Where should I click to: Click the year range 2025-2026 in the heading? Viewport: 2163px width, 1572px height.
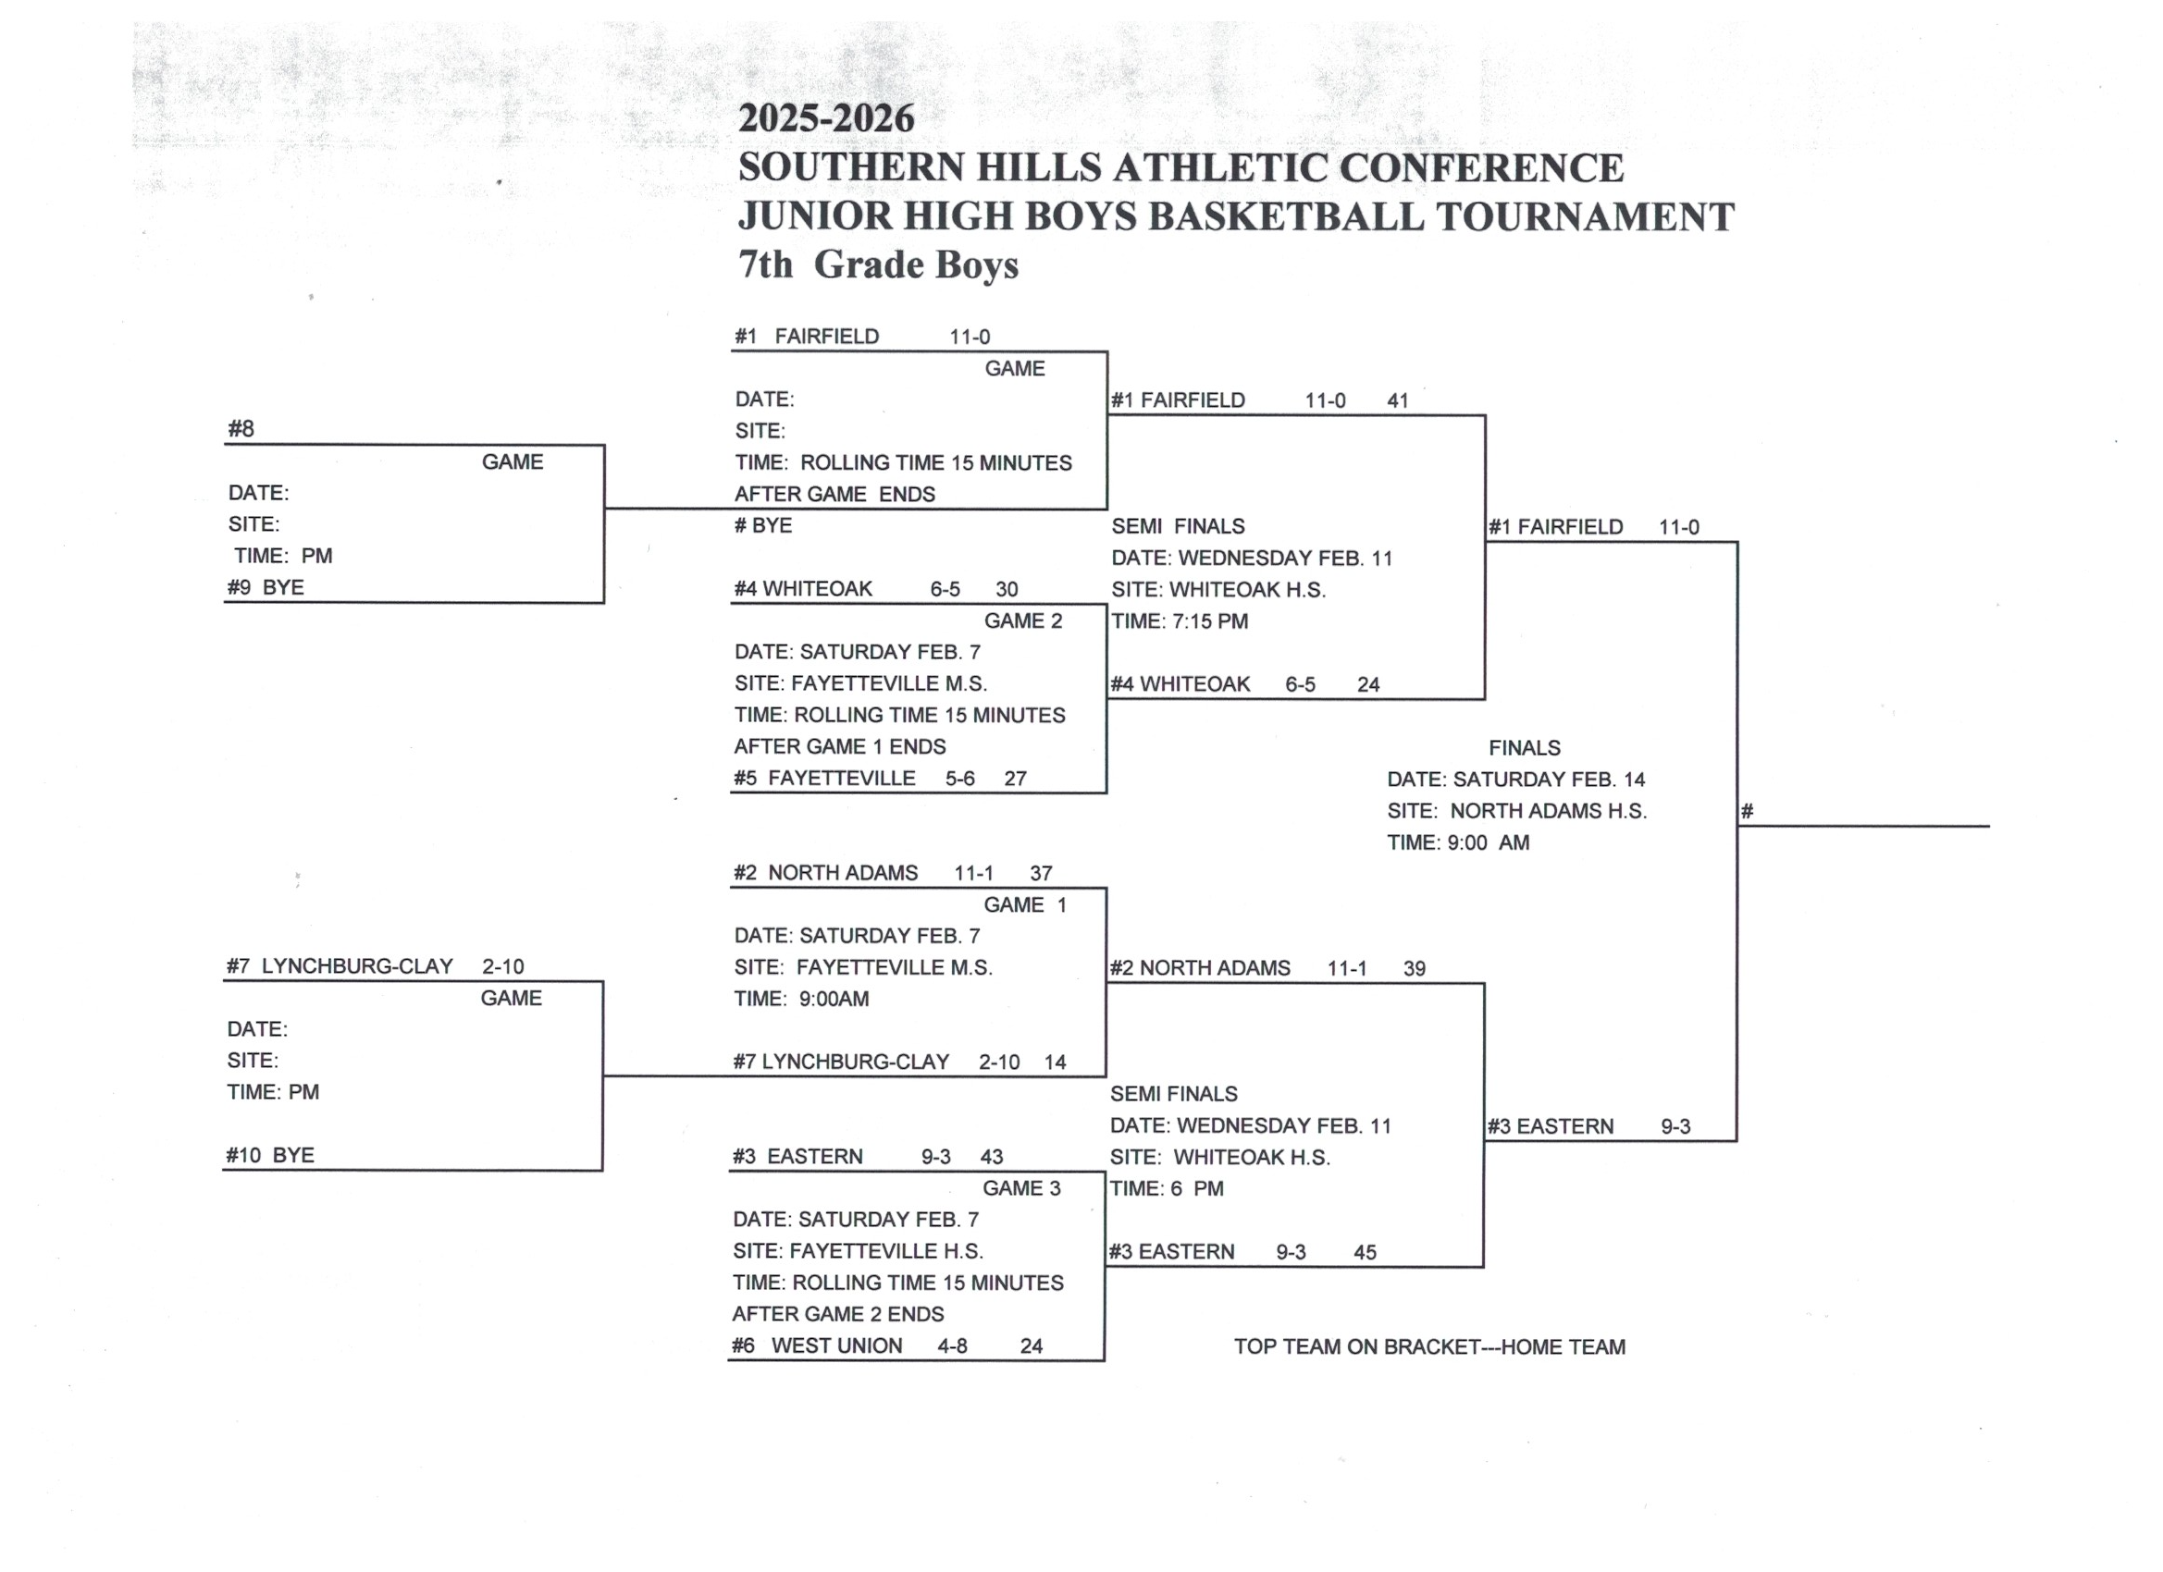[x=826, y=118]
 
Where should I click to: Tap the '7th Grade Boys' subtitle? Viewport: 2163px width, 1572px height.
[x=877, y=265]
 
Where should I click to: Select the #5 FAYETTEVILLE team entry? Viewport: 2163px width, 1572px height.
[x=824, y=778]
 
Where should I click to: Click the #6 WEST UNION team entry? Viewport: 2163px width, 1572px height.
[x=817, y=1345]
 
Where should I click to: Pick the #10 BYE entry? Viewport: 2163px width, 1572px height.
[x=270, y=1154]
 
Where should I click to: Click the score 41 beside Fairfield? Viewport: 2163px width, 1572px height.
[x=1397, y=400]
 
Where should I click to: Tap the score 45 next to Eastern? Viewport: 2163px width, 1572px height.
[x=1365, y=1252]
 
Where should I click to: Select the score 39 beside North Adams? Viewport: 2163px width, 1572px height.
[x=1414, y=968]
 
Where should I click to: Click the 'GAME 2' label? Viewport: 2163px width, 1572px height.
[x=1022, y=620]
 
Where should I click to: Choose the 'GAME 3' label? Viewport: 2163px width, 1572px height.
[x=1020, y=1188]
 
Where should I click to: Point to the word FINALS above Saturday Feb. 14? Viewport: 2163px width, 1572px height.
[x=1524, y=747]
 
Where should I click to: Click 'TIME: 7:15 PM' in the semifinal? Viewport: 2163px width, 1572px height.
[x=1180, y=620]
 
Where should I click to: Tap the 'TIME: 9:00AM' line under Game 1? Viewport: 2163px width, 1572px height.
[x=801, y=999]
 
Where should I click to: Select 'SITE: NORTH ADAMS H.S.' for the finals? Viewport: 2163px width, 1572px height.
[x=1516, y=810]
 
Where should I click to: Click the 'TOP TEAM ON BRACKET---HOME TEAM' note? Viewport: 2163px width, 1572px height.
[x=1428, y=1346]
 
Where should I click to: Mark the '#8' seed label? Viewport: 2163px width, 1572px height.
[x=241, y=429]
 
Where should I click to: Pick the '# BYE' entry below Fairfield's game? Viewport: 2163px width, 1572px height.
[x=763, y=525]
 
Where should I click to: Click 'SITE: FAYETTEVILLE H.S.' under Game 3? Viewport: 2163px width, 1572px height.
[x=858, y=1251]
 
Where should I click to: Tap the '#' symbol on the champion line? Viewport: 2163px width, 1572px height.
[x=1747, y=812]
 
